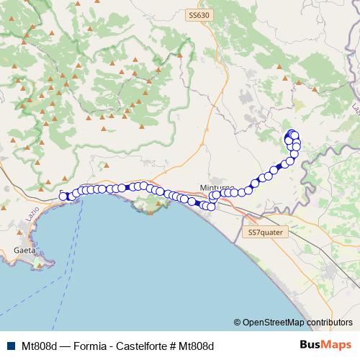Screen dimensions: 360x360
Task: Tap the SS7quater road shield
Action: pos(267,233)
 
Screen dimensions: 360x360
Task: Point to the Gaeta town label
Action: pos(24,251)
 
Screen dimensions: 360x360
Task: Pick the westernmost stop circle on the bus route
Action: pos(63,196)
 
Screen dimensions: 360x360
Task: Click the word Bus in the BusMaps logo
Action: pos(310,345)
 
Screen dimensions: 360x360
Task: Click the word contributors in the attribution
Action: pos(330,323)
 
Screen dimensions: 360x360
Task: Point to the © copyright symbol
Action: pos(238,323)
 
